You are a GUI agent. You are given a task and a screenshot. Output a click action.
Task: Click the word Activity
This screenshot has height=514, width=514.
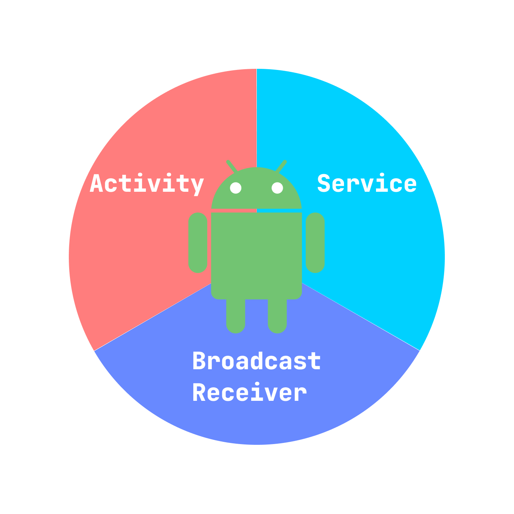[147, 184]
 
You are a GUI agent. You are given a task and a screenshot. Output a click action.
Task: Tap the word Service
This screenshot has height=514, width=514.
[367, 183]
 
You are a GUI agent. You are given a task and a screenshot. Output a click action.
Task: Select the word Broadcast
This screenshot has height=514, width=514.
[256, 361]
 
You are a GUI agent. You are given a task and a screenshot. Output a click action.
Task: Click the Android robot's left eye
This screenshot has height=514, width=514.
[236, 188]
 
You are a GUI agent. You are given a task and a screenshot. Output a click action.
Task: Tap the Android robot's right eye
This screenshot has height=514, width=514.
[277, 188]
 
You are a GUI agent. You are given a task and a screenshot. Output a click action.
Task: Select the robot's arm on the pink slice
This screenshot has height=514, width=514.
[198, 243]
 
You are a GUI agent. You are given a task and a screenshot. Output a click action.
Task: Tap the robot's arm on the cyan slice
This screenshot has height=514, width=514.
[315, 243]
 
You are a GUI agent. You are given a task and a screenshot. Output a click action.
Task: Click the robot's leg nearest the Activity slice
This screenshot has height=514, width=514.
[236, 316]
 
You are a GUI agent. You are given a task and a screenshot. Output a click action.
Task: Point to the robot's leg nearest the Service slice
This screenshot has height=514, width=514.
[277, 316]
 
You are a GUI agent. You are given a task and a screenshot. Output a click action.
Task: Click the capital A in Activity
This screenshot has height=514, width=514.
[97, 183]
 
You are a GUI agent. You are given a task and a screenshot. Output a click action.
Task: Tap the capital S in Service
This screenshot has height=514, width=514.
[324, 183]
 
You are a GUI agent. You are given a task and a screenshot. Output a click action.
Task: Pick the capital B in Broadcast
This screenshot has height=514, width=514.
[200, 361]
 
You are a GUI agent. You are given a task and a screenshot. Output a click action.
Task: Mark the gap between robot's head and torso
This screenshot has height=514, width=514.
[256, 211]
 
